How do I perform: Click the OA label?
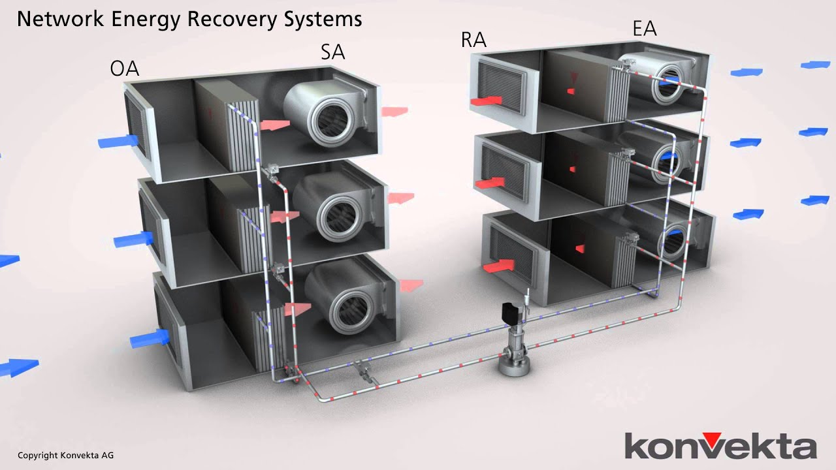click(124, 69)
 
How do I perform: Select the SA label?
click(332, 52)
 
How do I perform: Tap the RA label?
click(474, 40)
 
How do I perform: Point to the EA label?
click(644, 29)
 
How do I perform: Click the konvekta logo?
click(720, 446)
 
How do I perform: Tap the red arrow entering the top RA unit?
click(486, 101)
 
